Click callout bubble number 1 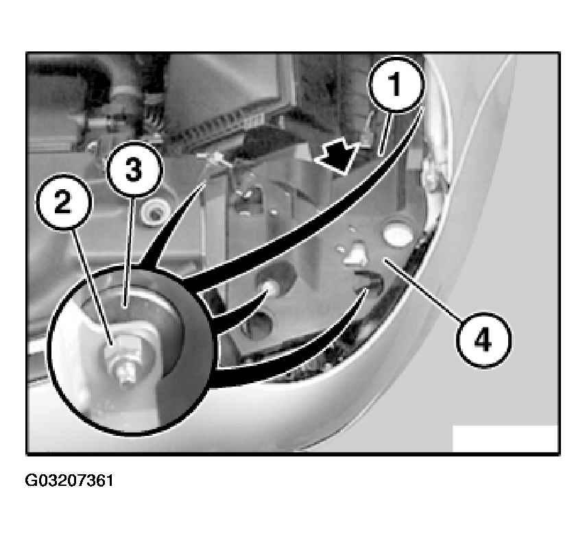(396, 84)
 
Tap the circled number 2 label (63, 202)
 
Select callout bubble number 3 (134, 169)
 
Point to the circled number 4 (483, 340)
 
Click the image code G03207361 (69, 480)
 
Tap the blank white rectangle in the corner (505, 439)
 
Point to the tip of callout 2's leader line (112, 343)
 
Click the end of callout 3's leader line (125, 308)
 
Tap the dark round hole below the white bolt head (258, 325)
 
